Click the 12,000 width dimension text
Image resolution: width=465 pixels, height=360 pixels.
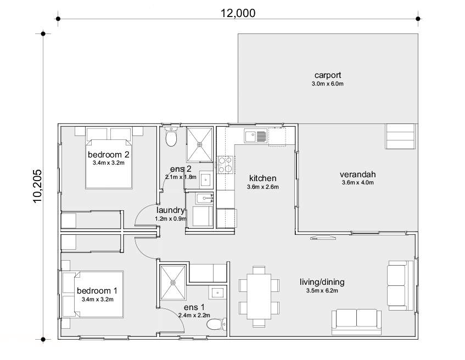point(238,13)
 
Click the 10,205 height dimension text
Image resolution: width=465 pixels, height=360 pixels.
point(37,186)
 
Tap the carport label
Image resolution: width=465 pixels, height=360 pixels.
point(328,75)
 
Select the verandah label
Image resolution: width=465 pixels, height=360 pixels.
point(357,175)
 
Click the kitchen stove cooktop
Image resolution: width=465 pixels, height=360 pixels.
point(225,165)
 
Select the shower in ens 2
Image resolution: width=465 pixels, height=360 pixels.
point(200,145)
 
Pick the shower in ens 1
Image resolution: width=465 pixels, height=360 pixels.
point(173,283)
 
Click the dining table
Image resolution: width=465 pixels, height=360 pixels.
point(259,296)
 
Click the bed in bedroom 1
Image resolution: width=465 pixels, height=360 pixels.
point(92,295)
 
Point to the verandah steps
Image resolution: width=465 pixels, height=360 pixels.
point(400,136)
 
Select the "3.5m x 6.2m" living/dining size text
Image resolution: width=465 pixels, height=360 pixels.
point(322,291)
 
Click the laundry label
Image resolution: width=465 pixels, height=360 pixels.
point(171,210)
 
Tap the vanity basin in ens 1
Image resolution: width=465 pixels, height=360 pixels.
point(217,292)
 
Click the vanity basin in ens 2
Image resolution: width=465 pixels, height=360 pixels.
point(205,179)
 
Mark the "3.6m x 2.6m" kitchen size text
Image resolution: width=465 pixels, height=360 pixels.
point(263,187)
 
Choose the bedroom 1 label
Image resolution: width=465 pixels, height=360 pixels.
point(97,291)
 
